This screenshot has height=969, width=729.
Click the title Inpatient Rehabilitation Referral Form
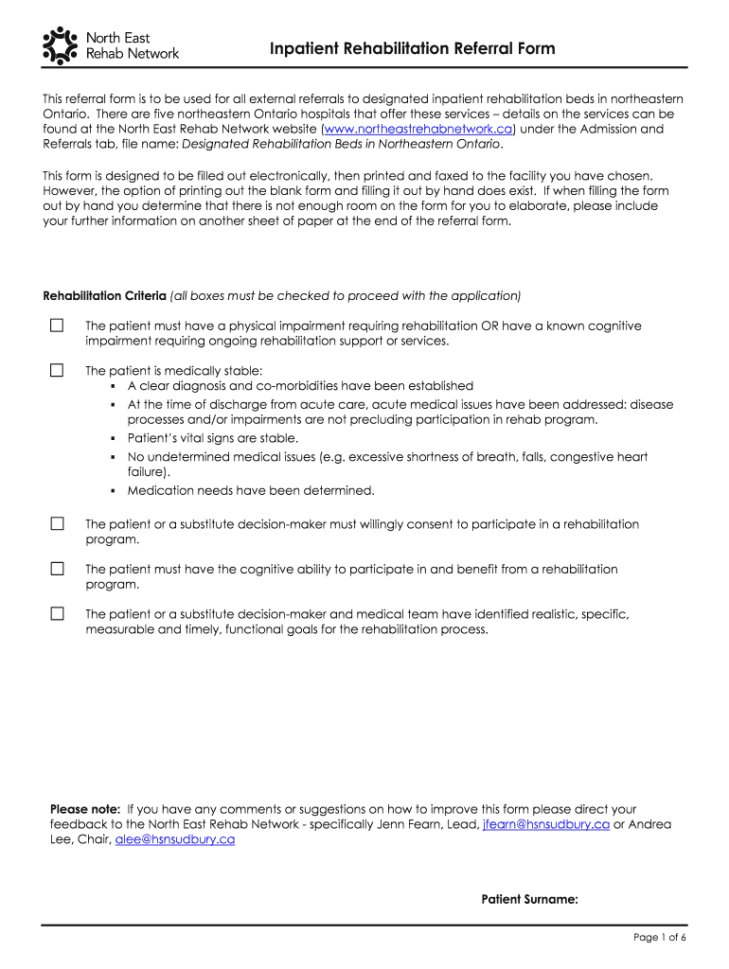click(x=412, y=48)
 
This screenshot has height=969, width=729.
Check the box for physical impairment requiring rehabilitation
click(x=57, y=326)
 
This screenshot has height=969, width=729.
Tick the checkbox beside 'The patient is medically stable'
click(x=57, y=370)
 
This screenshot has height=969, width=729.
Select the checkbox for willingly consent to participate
click(x=57, y=523)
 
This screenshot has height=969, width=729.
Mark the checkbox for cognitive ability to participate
click(x=57, y=569)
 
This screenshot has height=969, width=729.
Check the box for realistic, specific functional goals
click(x=57, y=614)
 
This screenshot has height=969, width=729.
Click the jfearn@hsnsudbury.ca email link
click(x=545, y=824)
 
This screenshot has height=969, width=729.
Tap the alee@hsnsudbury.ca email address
click(x=174, y=839)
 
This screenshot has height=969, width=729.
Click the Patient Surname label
click(x=529, y=900)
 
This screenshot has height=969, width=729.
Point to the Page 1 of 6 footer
click(x=659, y=937)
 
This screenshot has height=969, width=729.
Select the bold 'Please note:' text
click(x=85, y=809)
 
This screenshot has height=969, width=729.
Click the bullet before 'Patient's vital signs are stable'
click(x=113, y=439)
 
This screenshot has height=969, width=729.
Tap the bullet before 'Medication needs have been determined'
click(x=113, y=491)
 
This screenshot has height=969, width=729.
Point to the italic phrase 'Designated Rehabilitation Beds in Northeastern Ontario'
click(x=341, y=144)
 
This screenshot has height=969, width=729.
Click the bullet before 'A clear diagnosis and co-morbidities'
click(x=113, y=387)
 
